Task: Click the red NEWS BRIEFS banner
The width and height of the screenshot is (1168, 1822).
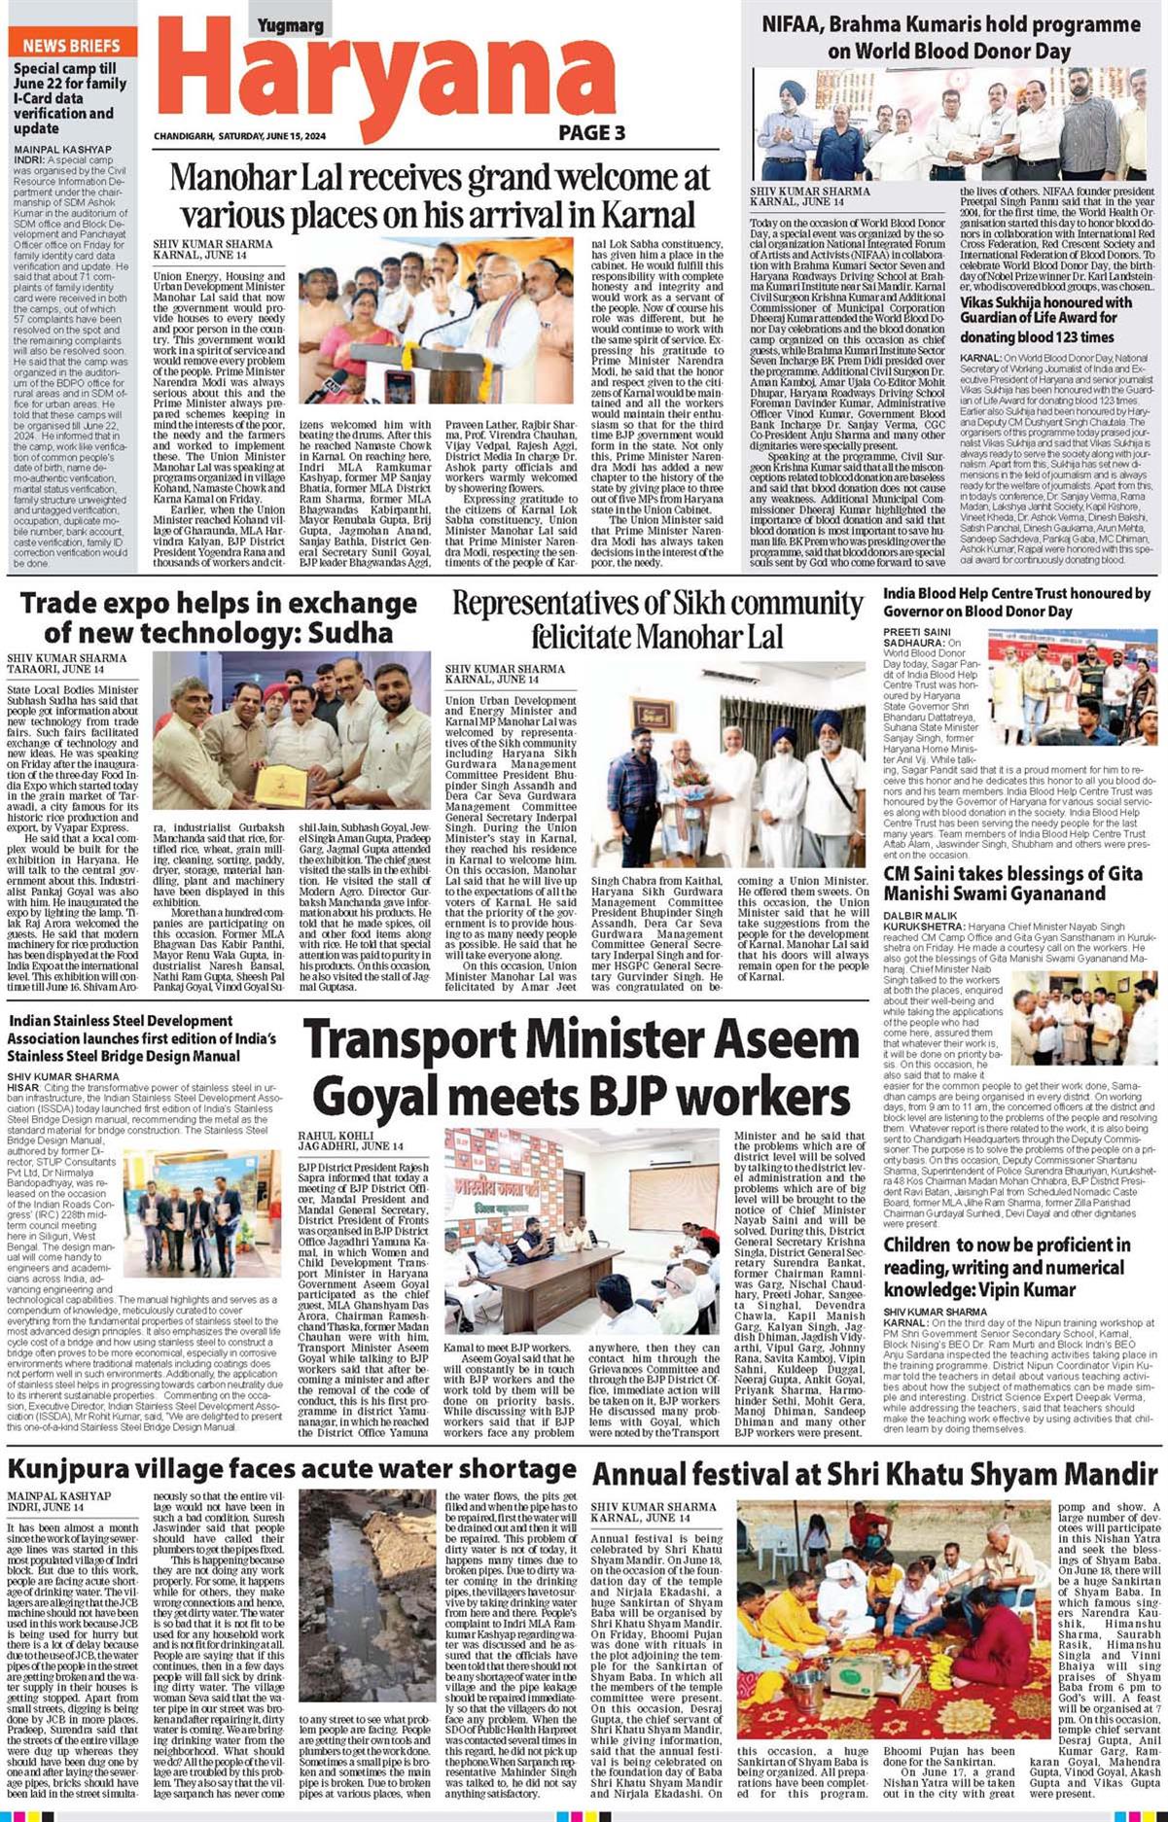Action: click(71, 45)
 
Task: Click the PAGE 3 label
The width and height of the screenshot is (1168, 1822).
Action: click(591, 133)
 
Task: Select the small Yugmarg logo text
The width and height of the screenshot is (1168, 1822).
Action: click(290, 26)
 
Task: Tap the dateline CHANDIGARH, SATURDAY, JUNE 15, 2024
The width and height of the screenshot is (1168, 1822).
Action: click(239, 136)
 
